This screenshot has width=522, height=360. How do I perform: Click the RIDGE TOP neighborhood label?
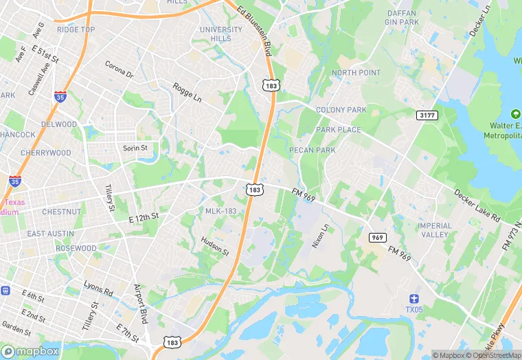(x=76, y=30)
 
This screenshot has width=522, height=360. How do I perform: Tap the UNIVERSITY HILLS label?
(x=221, y=34)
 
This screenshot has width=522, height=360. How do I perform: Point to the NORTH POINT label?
(x=356, y=73)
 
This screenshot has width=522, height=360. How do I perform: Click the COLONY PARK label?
(x=341, y=110)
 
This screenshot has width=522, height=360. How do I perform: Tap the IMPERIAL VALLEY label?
(x=435, y=230)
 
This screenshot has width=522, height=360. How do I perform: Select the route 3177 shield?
(x=427, y=115)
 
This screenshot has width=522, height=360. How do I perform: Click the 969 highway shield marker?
(x=376, y=237)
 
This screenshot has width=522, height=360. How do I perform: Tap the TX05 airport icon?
(x=413, y=298)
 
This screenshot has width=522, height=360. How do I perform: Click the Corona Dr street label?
(x=119, y=69)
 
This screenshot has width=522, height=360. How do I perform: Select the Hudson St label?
(x=215, y=247)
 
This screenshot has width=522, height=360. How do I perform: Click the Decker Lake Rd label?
(x=477, y=205)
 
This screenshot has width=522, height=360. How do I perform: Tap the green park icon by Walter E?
(x=516, y=113)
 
